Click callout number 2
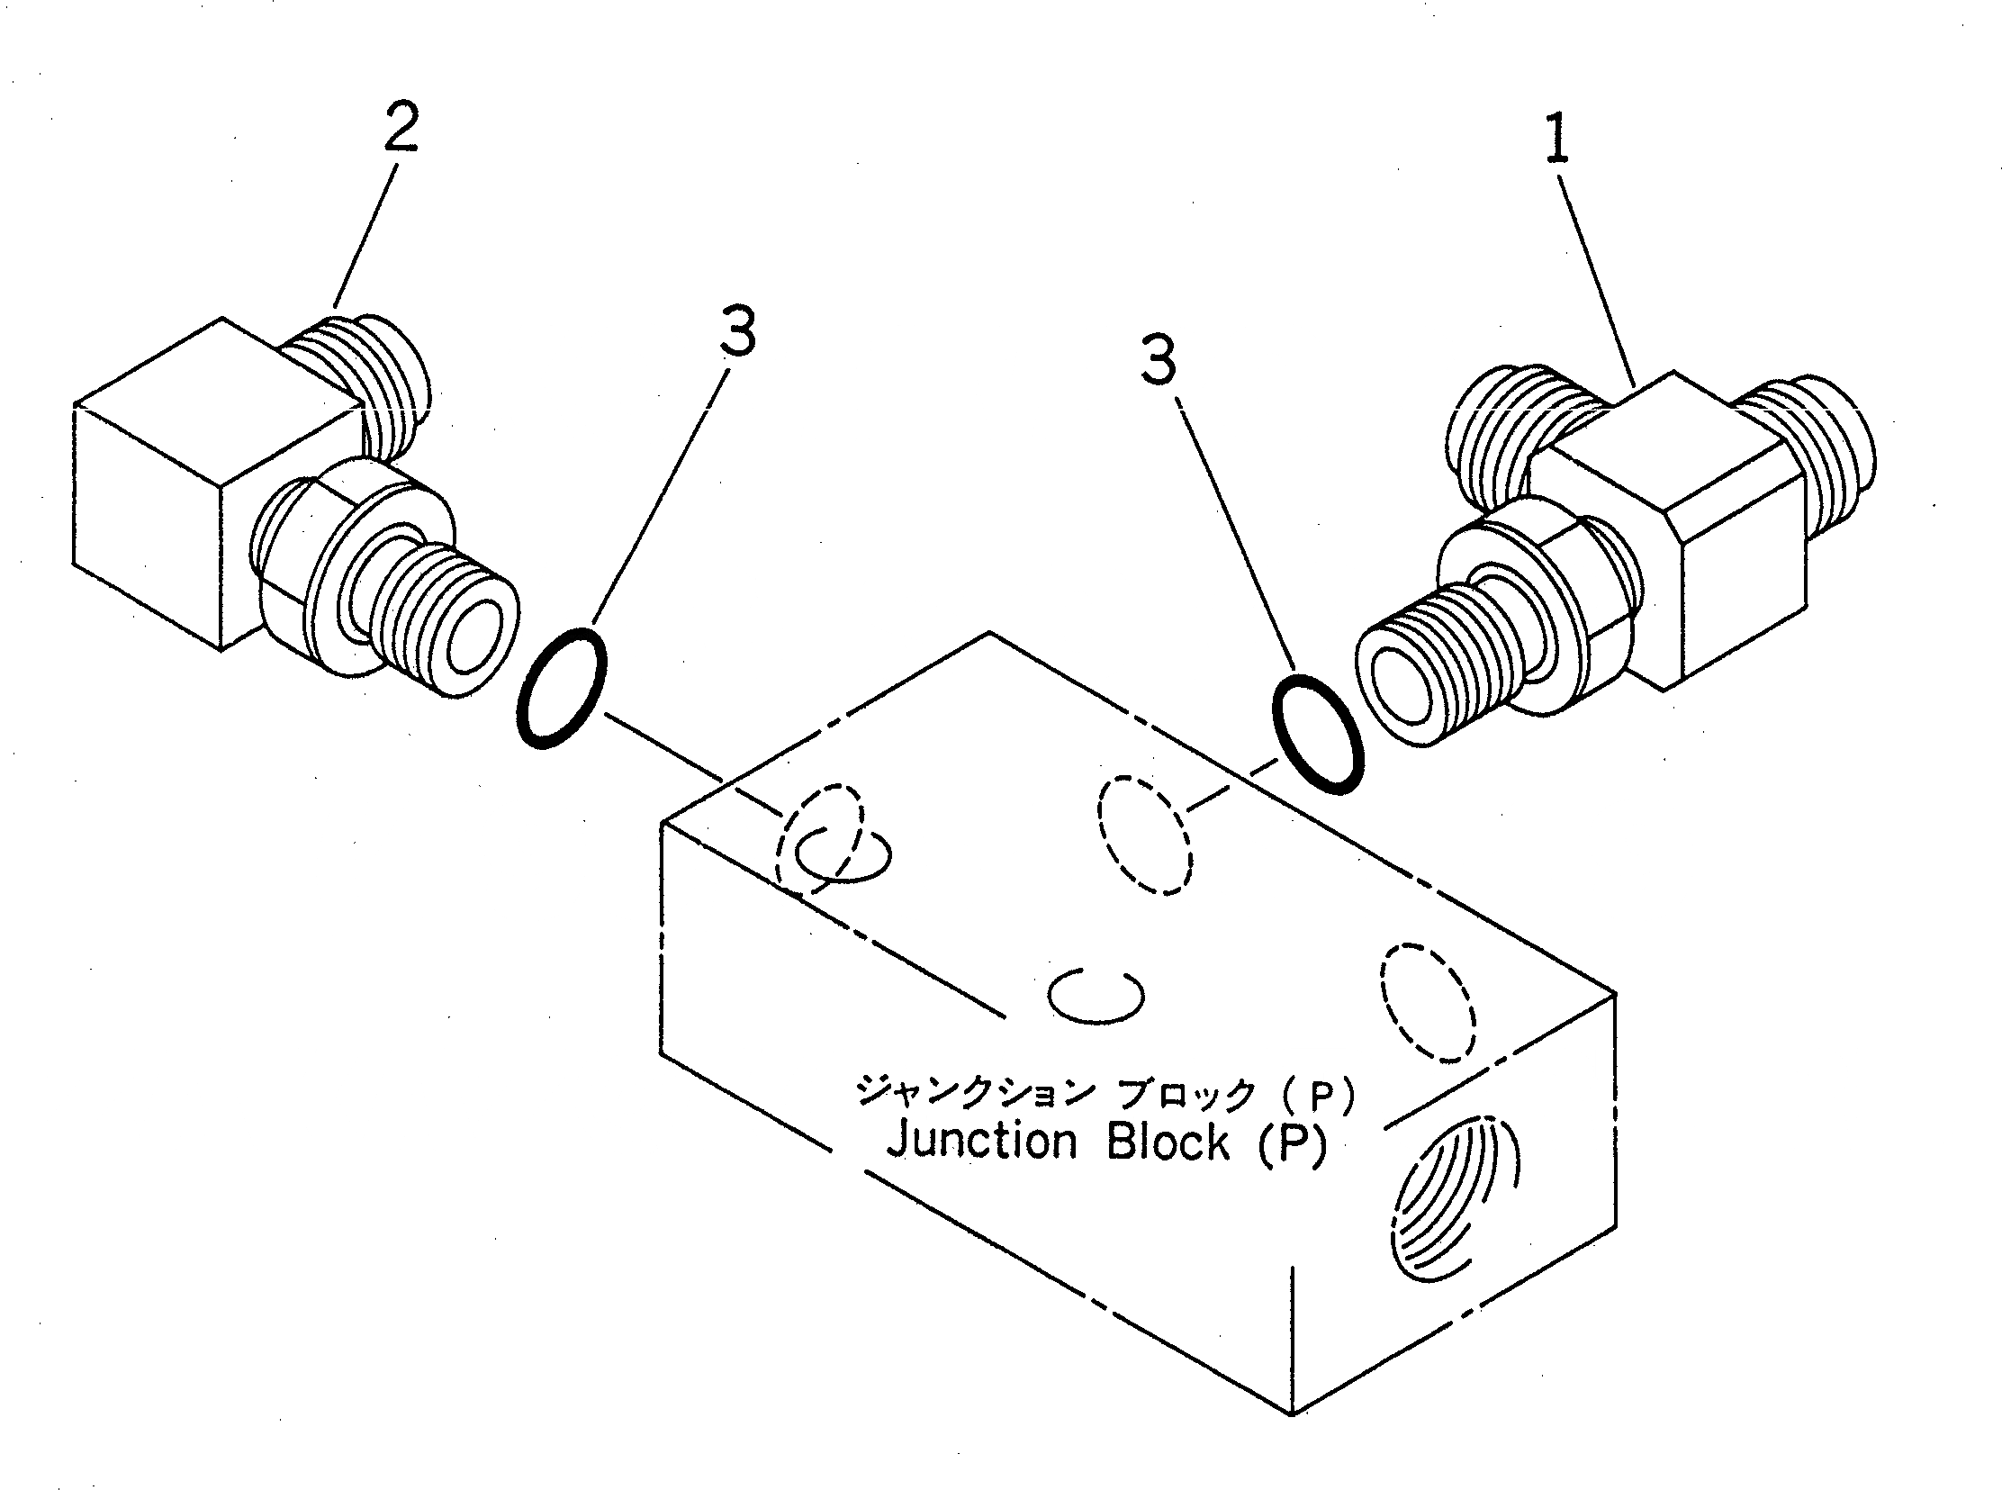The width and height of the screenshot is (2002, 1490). (x=401, y=128)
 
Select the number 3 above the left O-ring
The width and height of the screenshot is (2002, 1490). (x=736, y=331)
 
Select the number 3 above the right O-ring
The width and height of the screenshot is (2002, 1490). (x=1159, y=359)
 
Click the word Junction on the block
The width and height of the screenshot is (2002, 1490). (x=981, y=1142)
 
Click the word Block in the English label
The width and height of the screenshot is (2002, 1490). (x=1167, y=1142)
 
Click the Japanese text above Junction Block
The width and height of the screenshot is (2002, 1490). (x=1105, y=1094)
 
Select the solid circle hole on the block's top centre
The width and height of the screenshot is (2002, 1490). (x=1095, y=996)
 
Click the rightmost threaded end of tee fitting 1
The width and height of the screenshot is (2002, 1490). (x=1822, y=451)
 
